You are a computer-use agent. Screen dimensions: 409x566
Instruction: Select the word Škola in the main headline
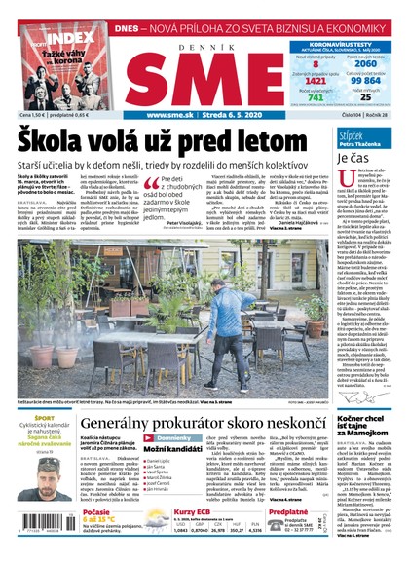pos(55,140)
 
